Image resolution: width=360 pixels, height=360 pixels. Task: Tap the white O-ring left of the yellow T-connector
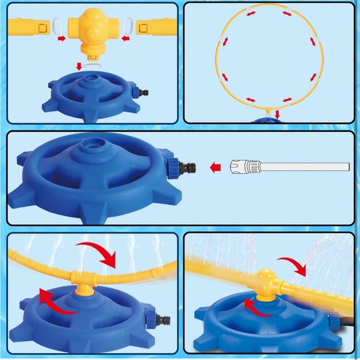pos(56,27)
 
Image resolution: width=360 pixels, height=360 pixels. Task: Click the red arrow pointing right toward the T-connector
pos(61,39)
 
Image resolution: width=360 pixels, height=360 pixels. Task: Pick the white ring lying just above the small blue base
pos(91,65)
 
